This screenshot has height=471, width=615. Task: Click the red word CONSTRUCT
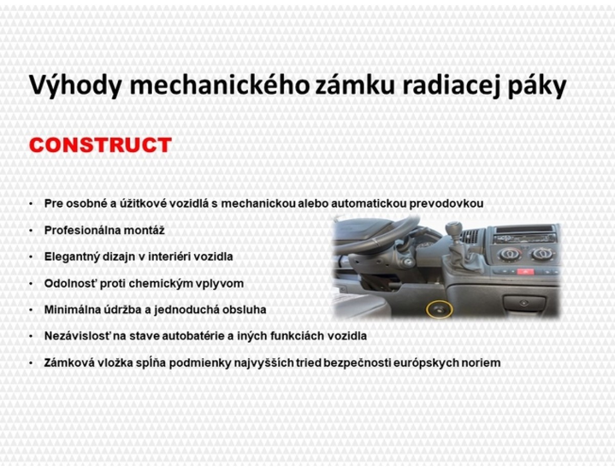coord(100,145)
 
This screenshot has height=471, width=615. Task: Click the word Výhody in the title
coord(75,85)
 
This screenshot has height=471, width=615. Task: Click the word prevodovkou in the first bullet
coord(446,204)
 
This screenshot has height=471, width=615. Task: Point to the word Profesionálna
coord(82,230)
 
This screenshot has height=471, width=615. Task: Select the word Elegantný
coord(72,257)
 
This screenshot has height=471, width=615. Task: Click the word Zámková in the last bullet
coord(69,362)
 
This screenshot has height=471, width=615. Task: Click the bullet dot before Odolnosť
coord(31,284)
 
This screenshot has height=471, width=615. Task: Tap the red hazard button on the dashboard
coord(525,272)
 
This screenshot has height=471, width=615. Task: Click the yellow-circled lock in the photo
coord(439,310)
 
